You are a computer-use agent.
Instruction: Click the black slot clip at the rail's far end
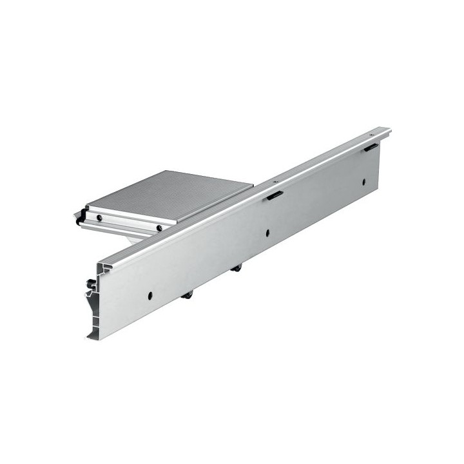[x=371, y=147]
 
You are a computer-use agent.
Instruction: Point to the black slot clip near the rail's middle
[x=275, y=193]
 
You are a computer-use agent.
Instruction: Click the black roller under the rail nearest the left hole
[x=187, y=295]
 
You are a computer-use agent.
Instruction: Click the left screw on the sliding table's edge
[x=99, y=218]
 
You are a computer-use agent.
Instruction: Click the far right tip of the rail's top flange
[x=389, y=130]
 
